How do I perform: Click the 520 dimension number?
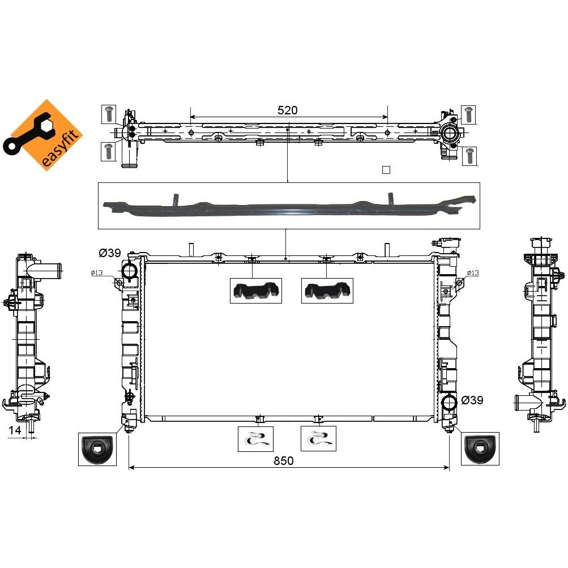coord(287,110)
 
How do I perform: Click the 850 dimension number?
coord(283,461)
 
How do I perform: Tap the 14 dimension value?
coord(15,430)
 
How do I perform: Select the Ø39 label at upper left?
coord(110,253)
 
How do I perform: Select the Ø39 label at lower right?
coord(472,400)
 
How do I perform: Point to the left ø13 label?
coord(97,273)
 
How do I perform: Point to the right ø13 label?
coord(473,273)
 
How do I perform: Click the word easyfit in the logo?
coord(61,148)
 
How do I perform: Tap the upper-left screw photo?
coord(109,114)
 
